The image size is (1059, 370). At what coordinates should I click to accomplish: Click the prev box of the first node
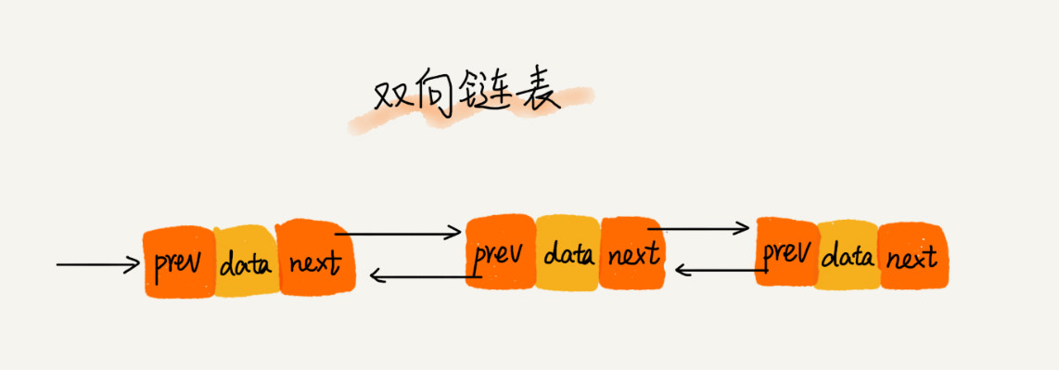[x=178, y=262]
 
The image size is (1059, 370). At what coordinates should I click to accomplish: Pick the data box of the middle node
[x=568, y=252]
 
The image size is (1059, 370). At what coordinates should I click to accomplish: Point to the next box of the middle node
[x=632, y=252]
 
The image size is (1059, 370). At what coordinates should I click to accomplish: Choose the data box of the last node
[x=848, y=255]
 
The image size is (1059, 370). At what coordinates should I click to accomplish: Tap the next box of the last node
[x=911, y=256]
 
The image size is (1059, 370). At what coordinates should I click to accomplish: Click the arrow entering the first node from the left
[x=97, y=265]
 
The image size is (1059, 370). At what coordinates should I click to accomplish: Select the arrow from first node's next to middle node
[x=403, y=234]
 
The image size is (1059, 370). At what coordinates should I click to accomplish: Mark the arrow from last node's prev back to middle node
[x=719, y=270]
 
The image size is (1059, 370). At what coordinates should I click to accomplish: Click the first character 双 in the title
[x=392, y=95]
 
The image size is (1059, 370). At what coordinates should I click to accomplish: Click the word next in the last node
[x=911, y=257]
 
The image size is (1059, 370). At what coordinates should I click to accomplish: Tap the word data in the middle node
[x=568, y=252]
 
